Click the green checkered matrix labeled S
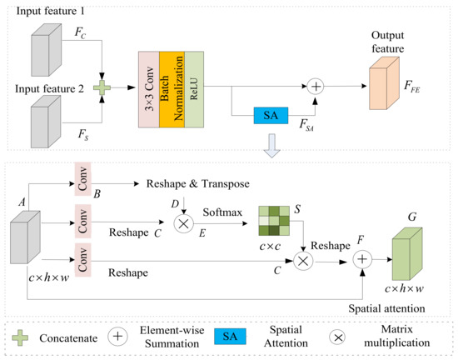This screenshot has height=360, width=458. click(x=272, y=221)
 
